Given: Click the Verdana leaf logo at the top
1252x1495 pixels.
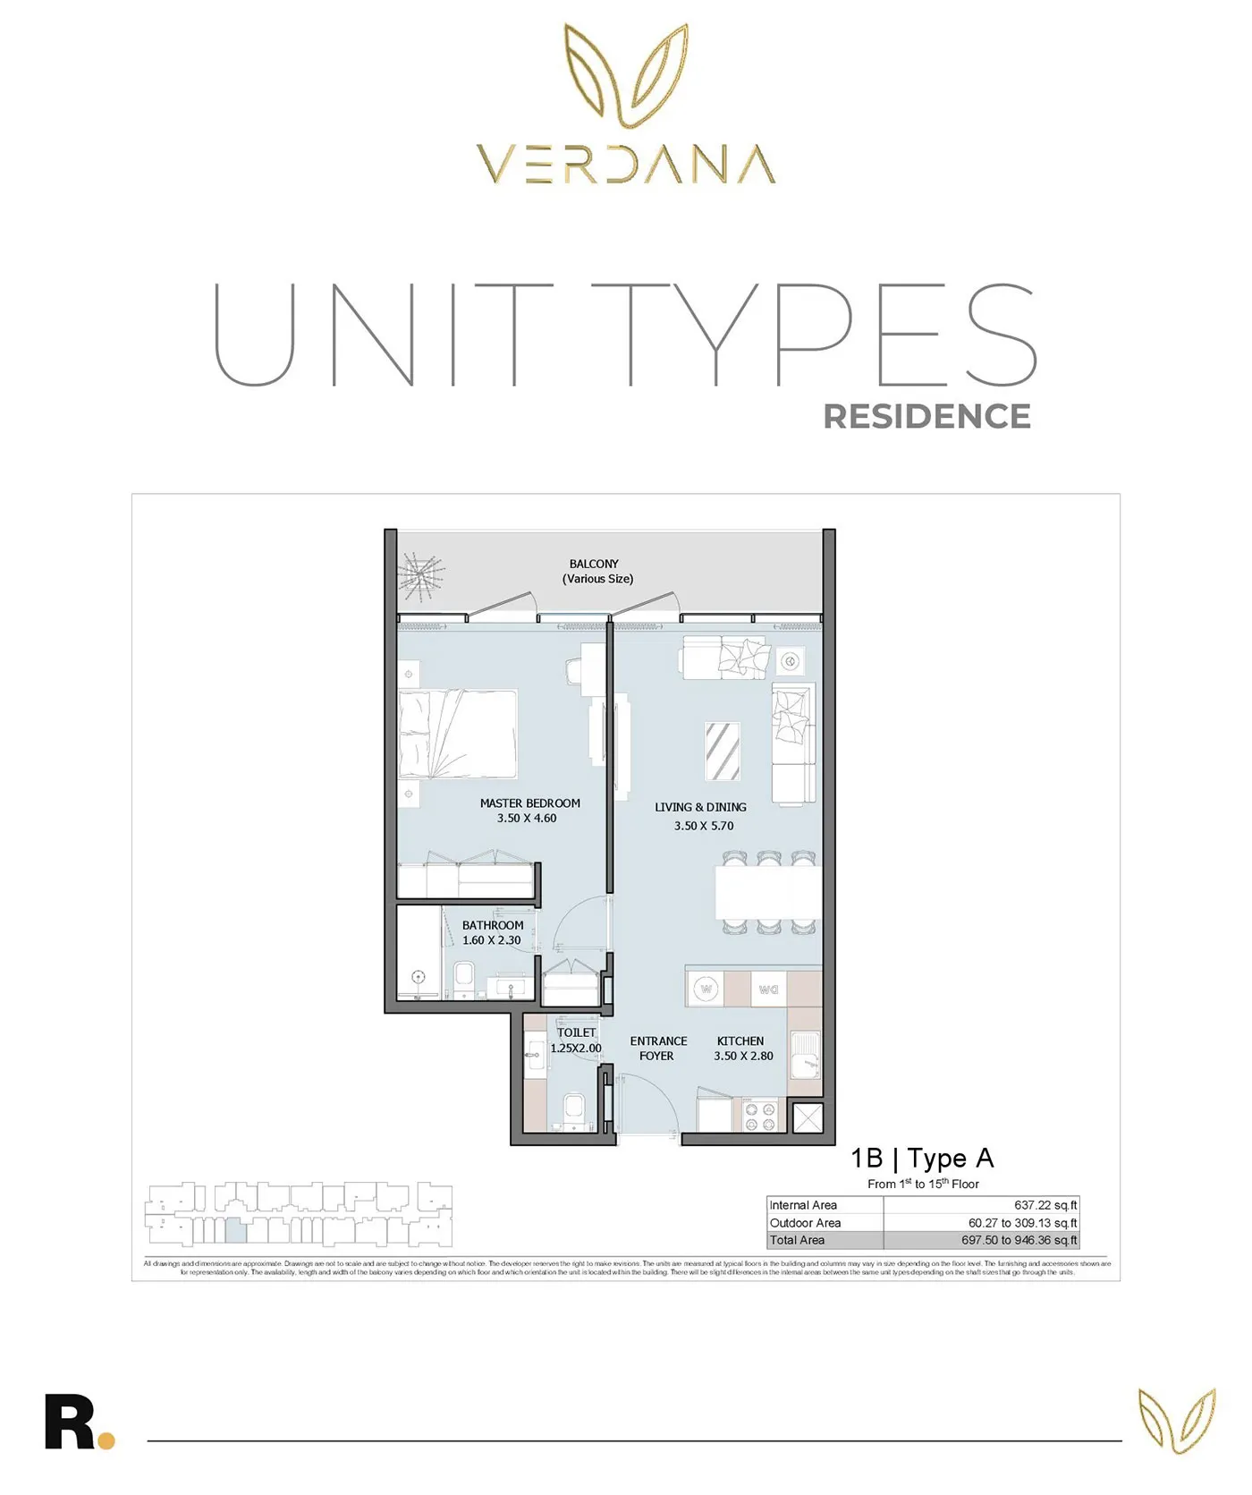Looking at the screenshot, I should (626, 75).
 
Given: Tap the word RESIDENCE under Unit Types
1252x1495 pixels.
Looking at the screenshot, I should (926, 417).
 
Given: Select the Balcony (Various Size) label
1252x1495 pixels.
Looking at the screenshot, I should (596, 572).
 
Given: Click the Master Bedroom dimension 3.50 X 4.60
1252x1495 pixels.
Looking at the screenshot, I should (527, 819).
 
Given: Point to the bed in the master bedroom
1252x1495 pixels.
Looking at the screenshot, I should (458, 734).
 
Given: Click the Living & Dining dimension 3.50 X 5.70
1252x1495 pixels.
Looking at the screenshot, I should (704, 826).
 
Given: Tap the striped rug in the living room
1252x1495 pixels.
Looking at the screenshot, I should (723, 751).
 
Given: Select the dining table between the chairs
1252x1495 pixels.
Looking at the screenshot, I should (767, 892).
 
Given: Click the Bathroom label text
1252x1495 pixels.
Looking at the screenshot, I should (493, 925).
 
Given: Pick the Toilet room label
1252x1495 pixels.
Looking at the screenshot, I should (576, 1032).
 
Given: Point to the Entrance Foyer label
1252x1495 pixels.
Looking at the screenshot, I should (658, 1049).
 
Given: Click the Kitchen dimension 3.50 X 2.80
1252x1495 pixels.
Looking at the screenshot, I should (743, 1056).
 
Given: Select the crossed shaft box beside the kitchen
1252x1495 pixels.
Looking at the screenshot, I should (808, 1118).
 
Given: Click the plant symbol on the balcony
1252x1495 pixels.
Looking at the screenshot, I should (420, 575).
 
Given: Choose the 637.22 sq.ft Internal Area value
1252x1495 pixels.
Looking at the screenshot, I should (1045, 1205).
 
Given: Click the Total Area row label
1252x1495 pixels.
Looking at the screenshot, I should (797, 1240).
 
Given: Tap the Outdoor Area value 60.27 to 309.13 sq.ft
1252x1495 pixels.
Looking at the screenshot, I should (1022, 1223).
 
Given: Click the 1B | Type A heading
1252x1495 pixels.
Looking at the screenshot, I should (922, 1159).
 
